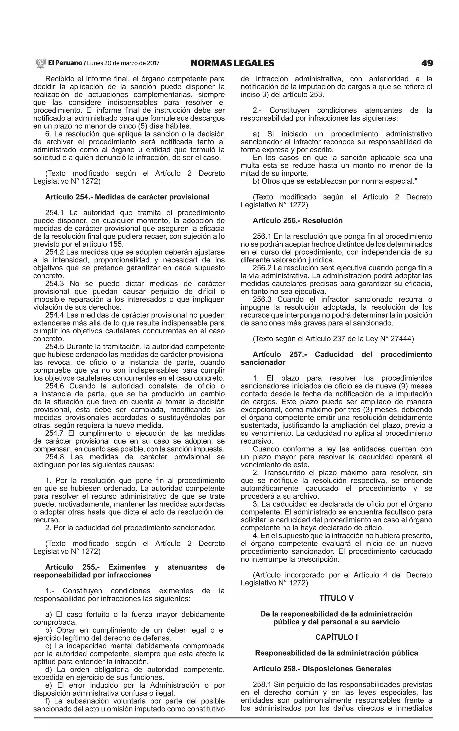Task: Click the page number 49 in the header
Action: coord(427,63)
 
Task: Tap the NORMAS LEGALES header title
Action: coord(233,63)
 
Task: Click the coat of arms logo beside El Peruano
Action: coord(40,63)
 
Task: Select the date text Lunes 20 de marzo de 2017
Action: coord(123,63)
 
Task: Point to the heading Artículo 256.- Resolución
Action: coord(297,221)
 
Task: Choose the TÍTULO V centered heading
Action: coord(336,598)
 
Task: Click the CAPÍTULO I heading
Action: coord(336,637)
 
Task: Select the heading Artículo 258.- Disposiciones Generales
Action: coord(322,669)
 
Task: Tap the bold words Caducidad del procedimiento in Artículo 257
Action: coord(373,354)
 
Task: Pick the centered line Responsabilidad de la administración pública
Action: coord(336,653)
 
